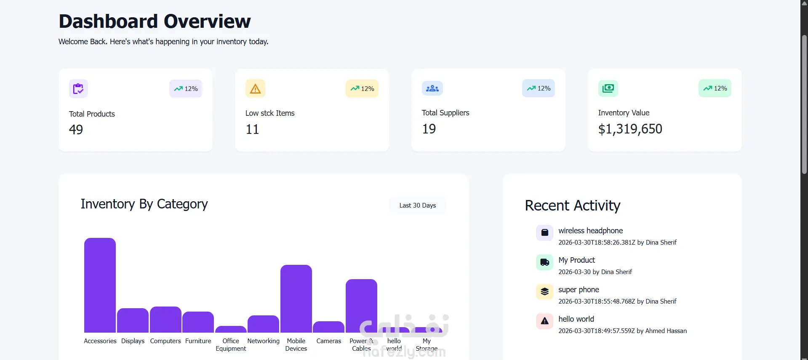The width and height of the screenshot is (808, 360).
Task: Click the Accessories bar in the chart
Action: tap(100, 285)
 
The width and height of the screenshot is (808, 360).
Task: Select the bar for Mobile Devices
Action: tap(296, 299)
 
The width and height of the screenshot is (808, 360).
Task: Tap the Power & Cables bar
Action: tap(361, 306)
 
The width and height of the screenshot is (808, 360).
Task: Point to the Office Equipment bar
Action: tap(231, 329)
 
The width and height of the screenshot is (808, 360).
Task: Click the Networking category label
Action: tap(263, 341)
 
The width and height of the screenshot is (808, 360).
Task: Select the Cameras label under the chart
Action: tap(329, 341)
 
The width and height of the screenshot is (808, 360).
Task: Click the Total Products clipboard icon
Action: tap(78, 89)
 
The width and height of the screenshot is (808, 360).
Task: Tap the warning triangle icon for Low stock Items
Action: tap(255, 88)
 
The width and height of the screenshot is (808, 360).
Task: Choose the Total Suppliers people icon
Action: tap(432, 88)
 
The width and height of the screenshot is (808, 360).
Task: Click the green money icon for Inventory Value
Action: tap(608, 88)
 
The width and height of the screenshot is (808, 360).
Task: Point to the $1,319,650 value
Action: tap(630, 129)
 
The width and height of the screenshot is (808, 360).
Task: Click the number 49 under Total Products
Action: tap(76, 129)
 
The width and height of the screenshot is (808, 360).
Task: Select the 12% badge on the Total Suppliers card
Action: tap(539, 88)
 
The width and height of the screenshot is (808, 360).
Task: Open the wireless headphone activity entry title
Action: tap(590, 231)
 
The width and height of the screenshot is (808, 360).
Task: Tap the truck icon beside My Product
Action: tap(544, 262)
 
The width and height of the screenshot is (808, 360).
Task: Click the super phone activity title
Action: tap(579, 290)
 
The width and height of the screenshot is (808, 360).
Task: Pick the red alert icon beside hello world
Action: tap(544, 321)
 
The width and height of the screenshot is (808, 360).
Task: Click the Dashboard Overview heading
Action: tap(155, 21)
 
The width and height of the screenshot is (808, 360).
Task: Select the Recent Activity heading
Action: tap(573, 205)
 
